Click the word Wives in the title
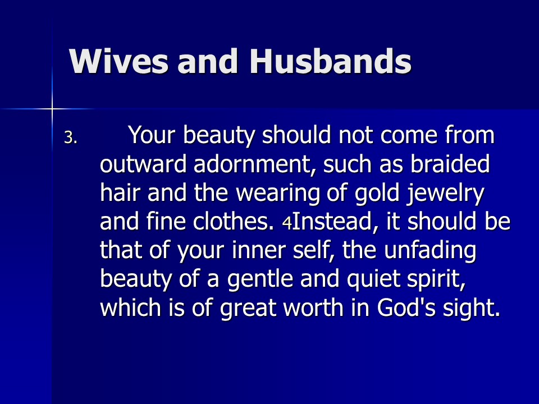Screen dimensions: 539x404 119,61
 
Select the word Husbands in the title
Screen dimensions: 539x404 330,61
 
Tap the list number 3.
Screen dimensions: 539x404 71,138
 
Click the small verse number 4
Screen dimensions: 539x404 287,223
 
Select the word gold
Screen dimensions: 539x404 377,194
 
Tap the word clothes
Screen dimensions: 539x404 233,222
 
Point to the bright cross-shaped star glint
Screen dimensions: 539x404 52,109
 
